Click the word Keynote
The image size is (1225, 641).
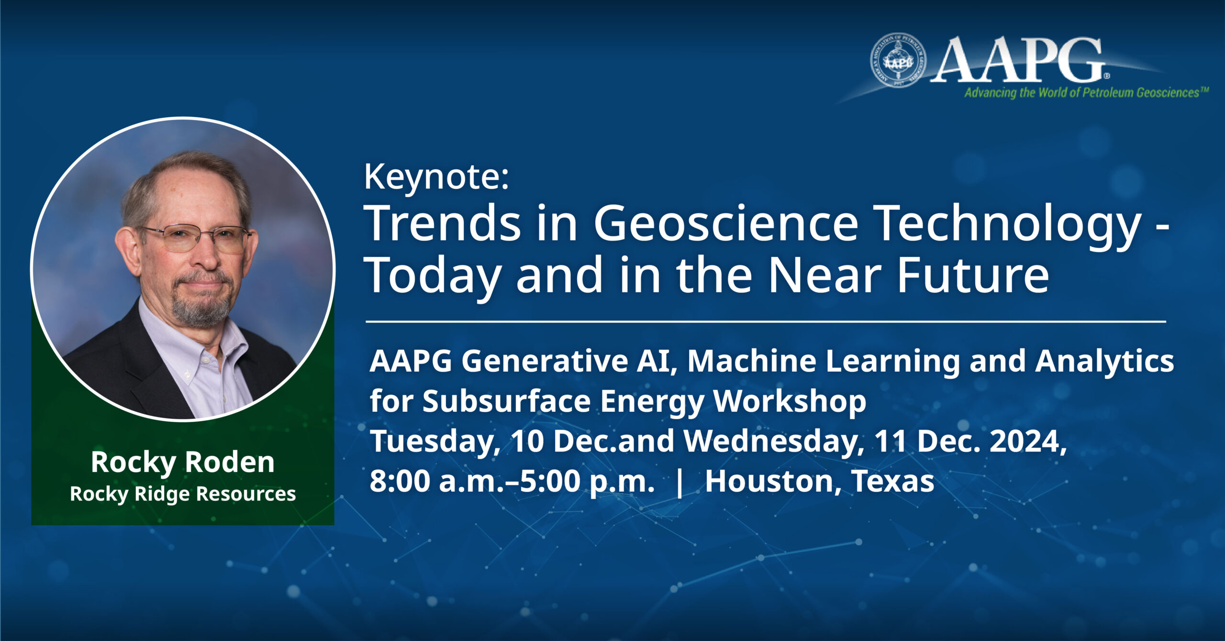point(435,177)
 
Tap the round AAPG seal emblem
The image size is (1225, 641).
point(898,61)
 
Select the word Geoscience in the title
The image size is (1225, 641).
point(725,224)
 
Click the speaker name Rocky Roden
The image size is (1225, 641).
point(183,462)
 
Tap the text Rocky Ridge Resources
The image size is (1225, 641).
point(183,494)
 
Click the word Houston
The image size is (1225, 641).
point(769,481)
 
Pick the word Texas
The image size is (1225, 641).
point(893,481)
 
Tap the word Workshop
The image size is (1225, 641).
point(790,401)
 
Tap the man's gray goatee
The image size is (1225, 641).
point(201,306)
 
